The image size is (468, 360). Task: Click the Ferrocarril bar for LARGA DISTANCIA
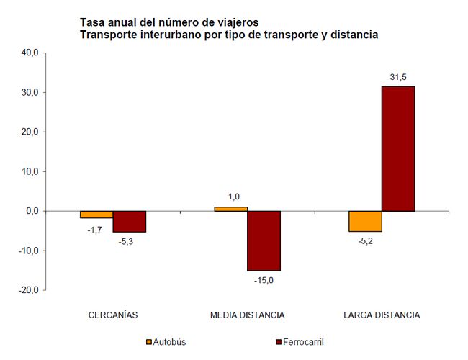pos(398,149)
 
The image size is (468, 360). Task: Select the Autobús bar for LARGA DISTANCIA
pos(365,222)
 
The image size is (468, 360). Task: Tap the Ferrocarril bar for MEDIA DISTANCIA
pos(264,240)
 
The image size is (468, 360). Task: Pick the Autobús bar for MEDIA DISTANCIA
pos(230,209)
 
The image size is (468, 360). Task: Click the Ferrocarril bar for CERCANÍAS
pos(130,222)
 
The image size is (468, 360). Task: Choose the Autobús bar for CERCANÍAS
pos(96,215)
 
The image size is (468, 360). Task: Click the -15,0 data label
pos(264,280)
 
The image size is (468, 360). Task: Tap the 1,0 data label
pos(233,197)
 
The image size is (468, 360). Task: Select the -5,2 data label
pos(365,242)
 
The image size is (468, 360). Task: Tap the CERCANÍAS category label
pos(113,315)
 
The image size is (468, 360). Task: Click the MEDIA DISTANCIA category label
pos(247,315)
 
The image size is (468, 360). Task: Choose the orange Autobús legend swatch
pos(149,342)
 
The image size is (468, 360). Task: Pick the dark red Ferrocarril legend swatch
pos(279,342)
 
